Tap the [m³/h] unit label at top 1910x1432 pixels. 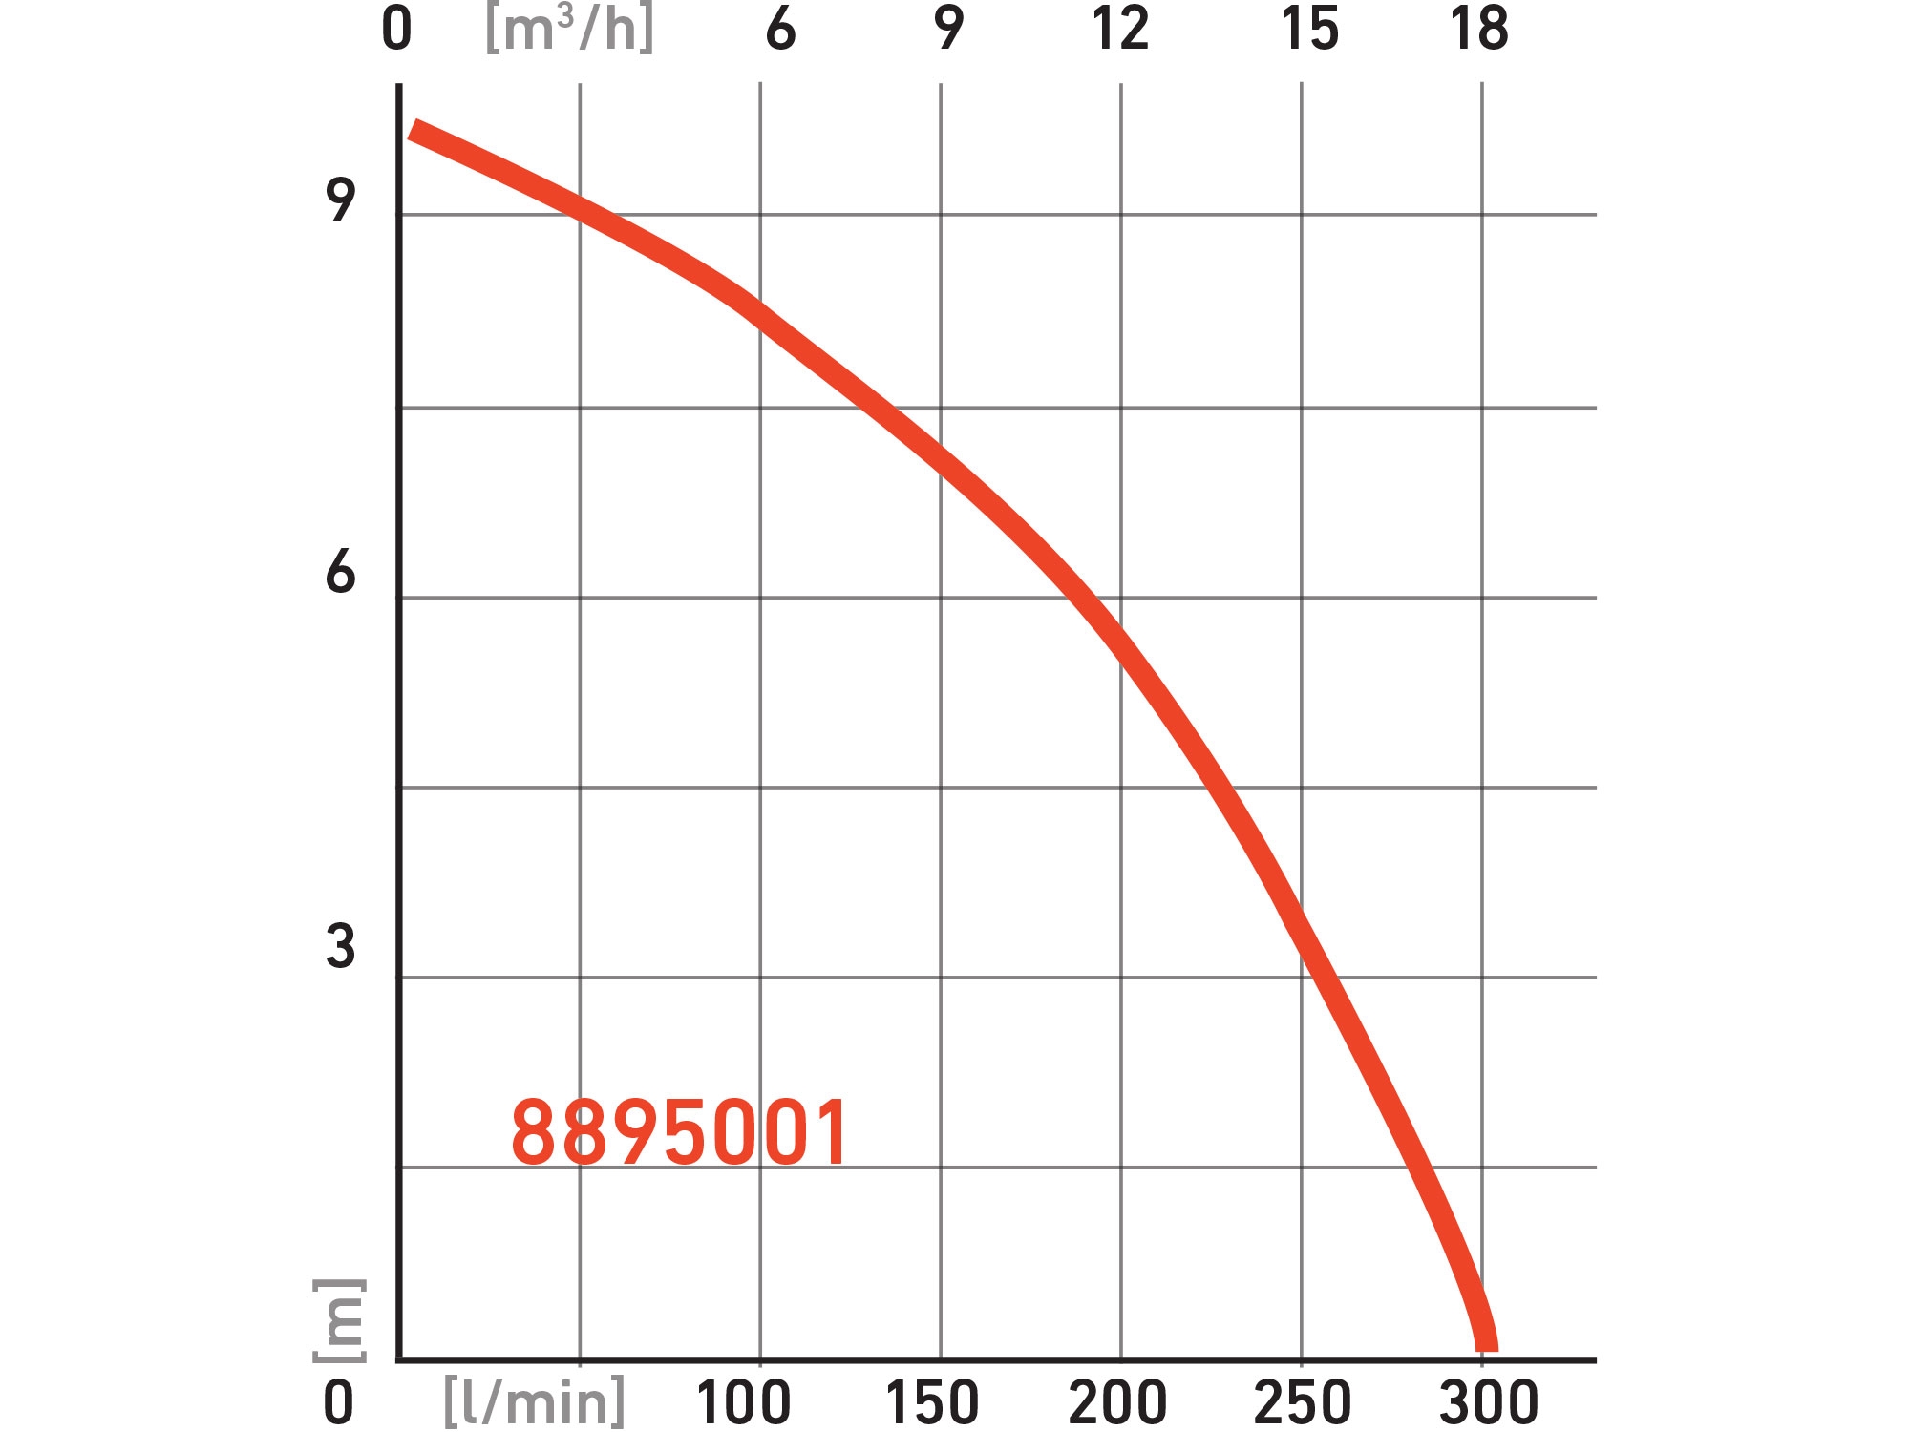(569, 30)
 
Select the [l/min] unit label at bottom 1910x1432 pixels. (534, 1401)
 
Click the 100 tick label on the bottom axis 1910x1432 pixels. (743, 1402)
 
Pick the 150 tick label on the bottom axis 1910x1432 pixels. (932, 1402)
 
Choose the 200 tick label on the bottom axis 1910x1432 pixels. (1117, 1402)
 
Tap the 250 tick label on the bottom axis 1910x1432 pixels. (1302, 1402)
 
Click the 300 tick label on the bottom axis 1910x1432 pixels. (1488, 1402)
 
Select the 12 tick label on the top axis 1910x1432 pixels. (1120, 29)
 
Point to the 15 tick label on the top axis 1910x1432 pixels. (1309, 29)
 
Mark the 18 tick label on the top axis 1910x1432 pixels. (1479, 29)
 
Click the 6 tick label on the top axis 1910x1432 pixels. (780, 29)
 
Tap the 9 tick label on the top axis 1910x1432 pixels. (948, 29)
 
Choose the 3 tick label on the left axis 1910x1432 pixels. (340, 946)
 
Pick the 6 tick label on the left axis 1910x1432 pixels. (340, 572)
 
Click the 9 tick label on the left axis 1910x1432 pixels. (340, 200)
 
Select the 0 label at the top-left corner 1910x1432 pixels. (396, 29)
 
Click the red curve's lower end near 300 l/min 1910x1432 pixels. (1487, 1341)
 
